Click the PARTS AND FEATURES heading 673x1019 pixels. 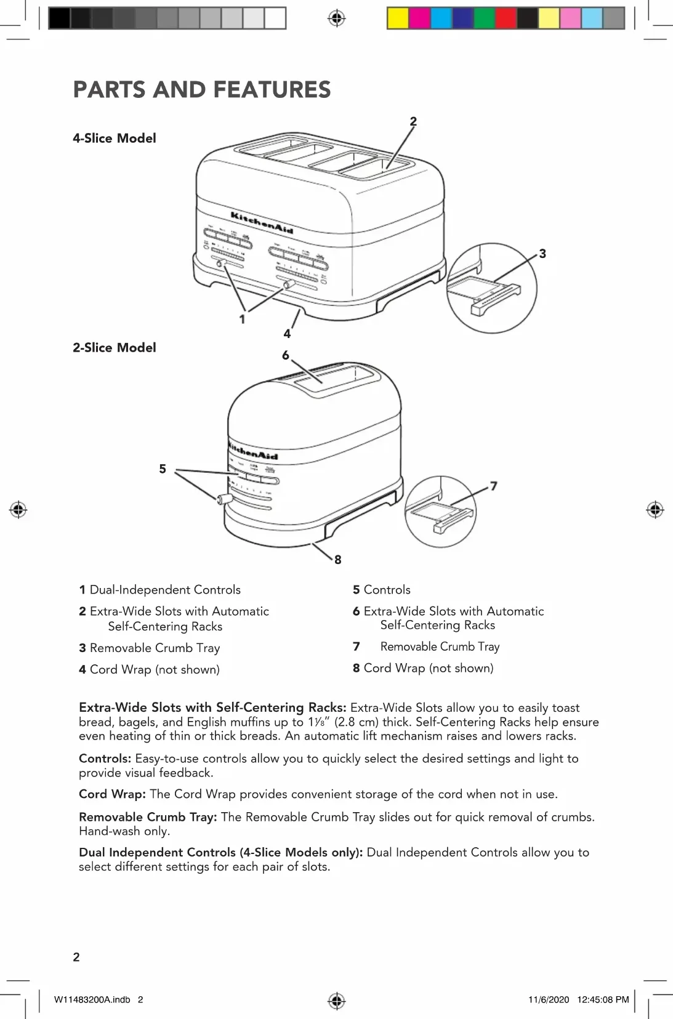(x=201, y=90)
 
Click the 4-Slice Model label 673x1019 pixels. (x=115, y=139)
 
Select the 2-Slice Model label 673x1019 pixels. (x=115, y=348)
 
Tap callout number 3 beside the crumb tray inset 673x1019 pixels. (x=542, y=254)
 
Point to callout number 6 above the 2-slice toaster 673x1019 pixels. (x=285, y=356)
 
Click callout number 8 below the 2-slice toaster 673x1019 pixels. (x=337, y=560)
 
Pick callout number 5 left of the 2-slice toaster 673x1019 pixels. (x=163, y=469)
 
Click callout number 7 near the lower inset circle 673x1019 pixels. (x=493, y=486)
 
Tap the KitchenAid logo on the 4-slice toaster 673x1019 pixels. (x=262, y=222)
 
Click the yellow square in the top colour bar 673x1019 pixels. (x=398, y=18)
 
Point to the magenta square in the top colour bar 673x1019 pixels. (x=420, y=18)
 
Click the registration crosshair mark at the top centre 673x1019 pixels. (x=336, y=18)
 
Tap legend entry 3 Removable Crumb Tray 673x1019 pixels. (x=149, y=648)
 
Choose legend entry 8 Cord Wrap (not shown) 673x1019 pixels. (x=423, y=669)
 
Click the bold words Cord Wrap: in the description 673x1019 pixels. (x=112, y=794)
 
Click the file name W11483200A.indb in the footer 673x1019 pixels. (x=92, y=1000)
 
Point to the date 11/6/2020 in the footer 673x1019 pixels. (x=549, y=1000)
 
